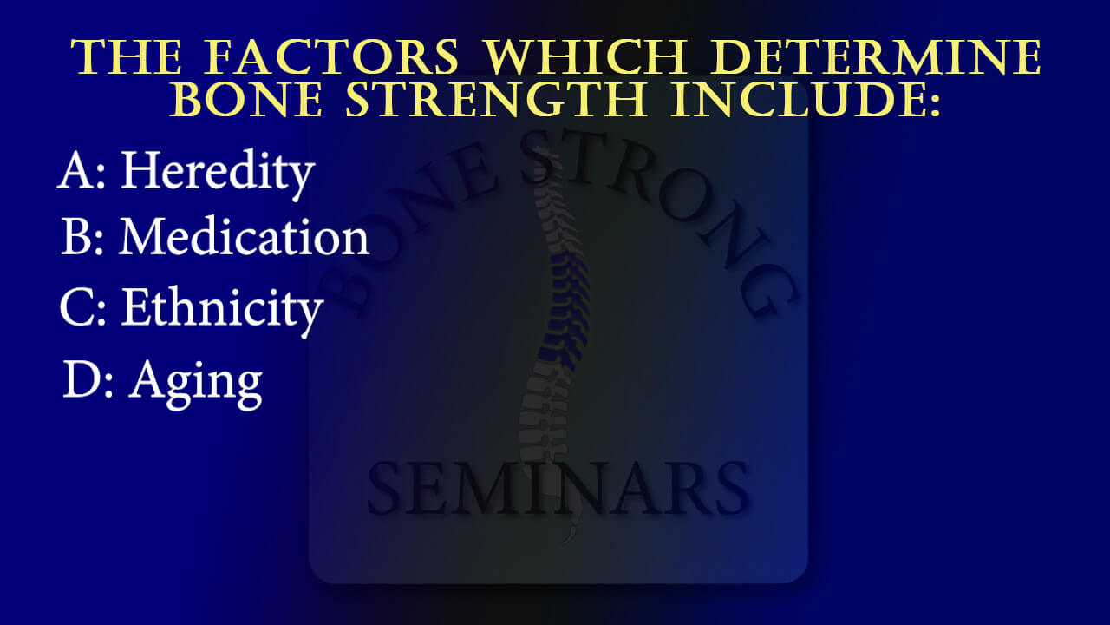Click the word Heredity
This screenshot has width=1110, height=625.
(217, 171)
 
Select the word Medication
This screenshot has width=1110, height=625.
(244, 236)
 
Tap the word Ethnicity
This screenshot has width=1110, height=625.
(222, 307)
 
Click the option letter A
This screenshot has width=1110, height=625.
(76, 171)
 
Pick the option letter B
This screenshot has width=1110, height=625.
(76, 236)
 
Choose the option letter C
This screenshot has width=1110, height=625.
(76, 307)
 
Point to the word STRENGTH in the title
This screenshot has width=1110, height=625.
(491, 101)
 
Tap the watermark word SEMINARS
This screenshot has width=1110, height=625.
(557, 490)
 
